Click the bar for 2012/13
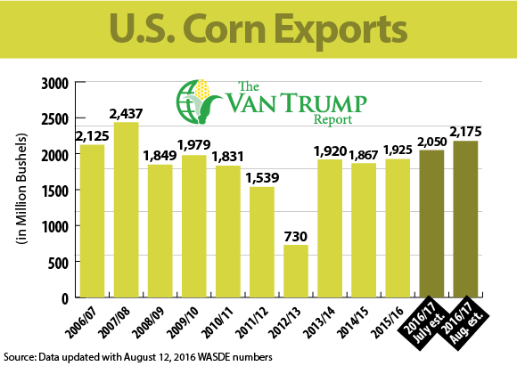296,271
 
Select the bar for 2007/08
127,210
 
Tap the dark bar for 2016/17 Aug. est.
465,219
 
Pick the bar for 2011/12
262,242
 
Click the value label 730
296,237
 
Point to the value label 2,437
127,114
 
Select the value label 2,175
465,132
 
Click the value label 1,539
262,178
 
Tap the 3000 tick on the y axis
55,84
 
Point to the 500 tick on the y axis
58,264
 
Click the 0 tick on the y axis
65,299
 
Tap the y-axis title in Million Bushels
21,189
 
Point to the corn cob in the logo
201,91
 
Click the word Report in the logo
332,119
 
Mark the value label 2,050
432,142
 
